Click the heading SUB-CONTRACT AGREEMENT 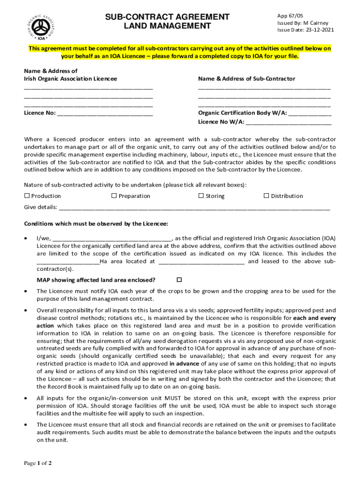(167, 17)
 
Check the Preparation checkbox (114, 196)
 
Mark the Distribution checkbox (266, 196)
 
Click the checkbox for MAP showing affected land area (179, 280)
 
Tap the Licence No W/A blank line (288, 123)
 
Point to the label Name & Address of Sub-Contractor (246, 79)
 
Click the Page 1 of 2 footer (38, 463)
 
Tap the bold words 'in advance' (185, 363)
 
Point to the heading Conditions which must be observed (96, 224)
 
